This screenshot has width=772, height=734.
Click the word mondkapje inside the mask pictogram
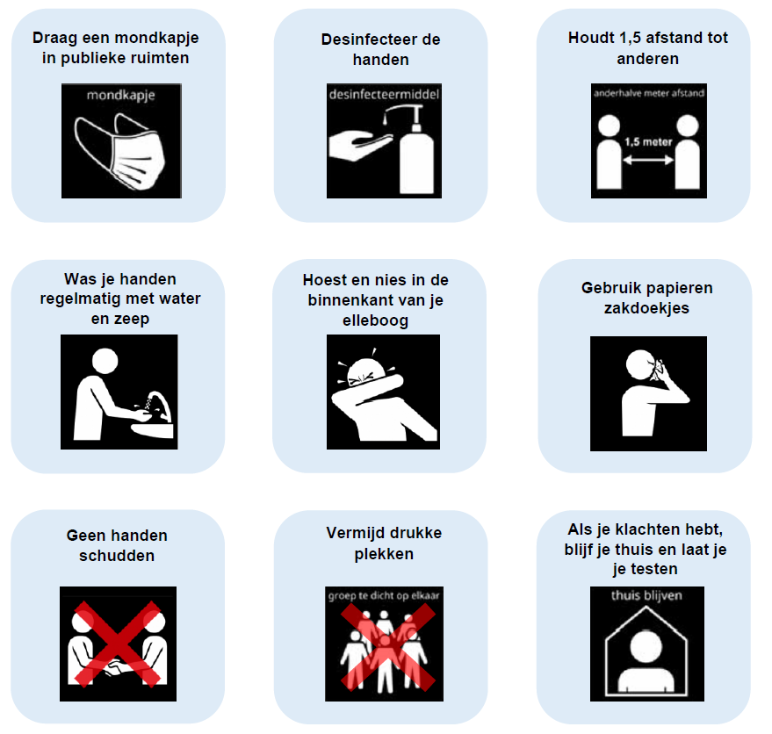120,96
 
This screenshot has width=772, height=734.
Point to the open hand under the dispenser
360,145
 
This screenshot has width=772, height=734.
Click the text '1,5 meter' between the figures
648,142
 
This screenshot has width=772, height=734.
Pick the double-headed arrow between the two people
648,160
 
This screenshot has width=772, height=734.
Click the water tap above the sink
160,405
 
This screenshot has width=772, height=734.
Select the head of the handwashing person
105,362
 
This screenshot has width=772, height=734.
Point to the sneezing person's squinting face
366,372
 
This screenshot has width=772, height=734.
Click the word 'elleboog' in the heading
376,321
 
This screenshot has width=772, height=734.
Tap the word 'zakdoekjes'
647,308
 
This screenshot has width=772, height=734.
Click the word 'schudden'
117,556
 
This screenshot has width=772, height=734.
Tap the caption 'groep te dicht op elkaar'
384,596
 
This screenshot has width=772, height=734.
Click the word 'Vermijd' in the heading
353,533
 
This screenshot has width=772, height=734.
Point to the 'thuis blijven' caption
646,595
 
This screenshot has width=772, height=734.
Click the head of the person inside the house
646,646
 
